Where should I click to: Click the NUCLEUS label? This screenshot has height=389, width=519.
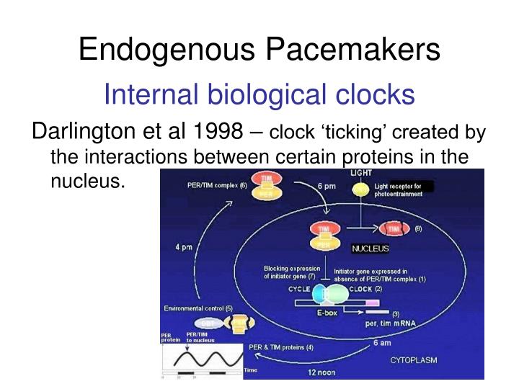click(370, 249)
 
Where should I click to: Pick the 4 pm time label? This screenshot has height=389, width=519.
click(184, 249)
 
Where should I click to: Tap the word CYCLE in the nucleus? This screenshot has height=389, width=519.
click(299, 289)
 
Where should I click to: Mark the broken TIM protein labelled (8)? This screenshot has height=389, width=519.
click(393, 229)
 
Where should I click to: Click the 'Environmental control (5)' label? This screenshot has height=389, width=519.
click(198, 308)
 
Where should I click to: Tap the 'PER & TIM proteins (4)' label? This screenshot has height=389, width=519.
click(281, 347)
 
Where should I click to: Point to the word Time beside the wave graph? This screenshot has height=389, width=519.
click(251, 370)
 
